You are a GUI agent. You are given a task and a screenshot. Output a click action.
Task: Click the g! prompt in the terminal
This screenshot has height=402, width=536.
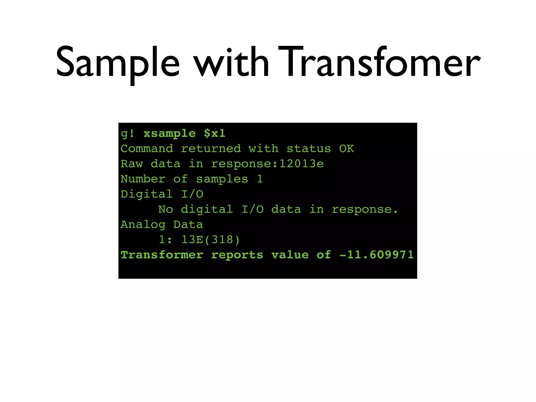coord(127,133)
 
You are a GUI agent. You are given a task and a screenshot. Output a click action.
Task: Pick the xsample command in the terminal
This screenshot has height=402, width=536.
coord(169,133)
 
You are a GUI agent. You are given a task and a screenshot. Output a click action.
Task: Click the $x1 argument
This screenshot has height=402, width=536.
coord(215,133)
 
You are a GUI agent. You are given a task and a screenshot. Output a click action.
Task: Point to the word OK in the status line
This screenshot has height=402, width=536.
coord(346,149)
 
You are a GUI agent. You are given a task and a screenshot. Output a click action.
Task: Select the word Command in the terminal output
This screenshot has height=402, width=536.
coord(147,149)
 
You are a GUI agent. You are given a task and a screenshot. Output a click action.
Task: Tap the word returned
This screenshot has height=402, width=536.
coord(211,149)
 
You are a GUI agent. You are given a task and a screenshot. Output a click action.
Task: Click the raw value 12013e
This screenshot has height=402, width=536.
coord(301,164)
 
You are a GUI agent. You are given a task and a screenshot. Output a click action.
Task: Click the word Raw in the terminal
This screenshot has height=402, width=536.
coord(132,164)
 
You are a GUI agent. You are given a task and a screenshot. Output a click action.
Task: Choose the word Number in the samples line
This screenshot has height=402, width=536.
coord(143,179)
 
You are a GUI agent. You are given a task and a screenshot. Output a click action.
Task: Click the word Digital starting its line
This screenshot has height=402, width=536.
coord(147,194)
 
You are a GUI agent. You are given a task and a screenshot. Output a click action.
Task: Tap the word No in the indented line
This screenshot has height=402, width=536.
coord(165,209)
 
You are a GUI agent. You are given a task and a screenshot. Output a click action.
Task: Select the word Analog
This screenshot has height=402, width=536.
coord(143,225)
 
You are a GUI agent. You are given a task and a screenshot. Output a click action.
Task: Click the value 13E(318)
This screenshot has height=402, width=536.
coord(210,240)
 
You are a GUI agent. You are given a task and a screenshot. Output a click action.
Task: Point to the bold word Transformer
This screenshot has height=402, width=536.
coord(162,255)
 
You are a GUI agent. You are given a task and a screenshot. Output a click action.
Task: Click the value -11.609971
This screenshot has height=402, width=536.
coord(376,255)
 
